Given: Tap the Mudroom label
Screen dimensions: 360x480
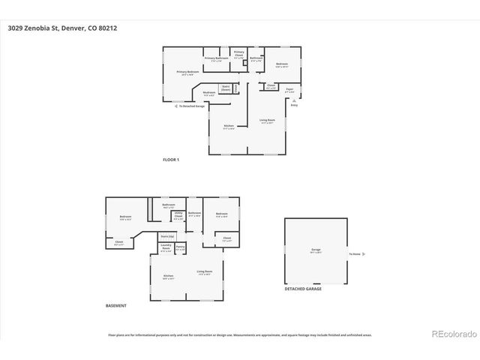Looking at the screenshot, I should pos(208,93).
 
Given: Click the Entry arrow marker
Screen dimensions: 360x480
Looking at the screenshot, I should pos(293,106).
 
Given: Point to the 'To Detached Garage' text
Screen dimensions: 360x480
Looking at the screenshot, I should pos(191,106).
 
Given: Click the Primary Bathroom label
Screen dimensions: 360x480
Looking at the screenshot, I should pos(216,58).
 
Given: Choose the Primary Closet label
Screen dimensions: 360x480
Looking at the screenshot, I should pos(239,54).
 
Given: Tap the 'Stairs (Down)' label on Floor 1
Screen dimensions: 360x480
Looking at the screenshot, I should pos(225,88).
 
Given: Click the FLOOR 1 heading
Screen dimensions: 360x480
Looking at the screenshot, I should pos(171,160).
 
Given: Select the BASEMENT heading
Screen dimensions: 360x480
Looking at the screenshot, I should pos(116,306).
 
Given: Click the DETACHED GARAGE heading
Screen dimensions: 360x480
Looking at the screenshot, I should pos(303,289).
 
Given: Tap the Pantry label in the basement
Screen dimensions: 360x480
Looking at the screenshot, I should pos(180,247).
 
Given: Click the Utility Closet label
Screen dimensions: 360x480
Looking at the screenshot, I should pos(178,215).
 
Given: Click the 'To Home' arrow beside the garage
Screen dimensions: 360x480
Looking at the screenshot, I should pos(358,253).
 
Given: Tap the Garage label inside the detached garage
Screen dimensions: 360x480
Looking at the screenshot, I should pos(316,250).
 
